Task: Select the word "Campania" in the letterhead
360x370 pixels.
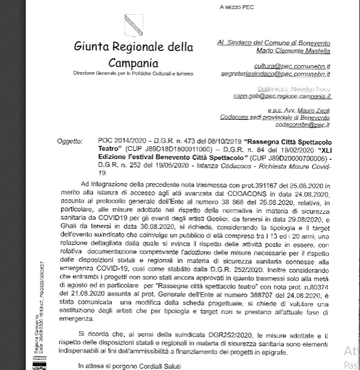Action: coord(134,63)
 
